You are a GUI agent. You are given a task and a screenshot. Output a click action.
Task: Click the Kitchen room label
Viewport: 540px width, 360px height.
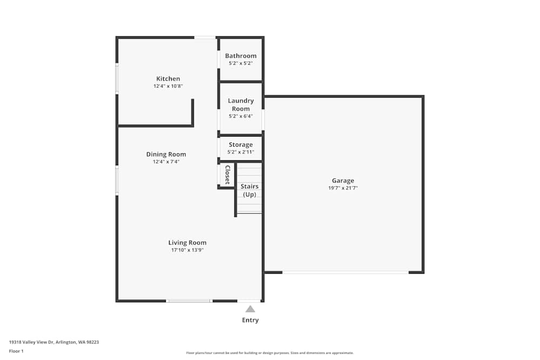click(x=168, y=79)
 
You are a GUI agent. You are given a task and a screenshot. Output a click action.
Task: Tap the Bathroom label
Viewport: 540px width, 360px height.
click(x=241, y=56)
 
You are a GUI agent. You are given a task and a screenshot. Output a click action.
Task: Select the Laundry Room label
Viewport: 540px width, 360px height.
click(x=241, y=105)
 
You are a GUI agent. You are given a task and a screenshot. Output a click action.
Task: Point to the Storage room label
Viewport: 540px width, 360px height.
click(x=241, y=145)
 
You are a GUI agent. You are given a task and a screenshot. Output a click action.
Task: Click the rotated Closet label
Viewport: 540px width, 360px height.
click(x=227, y=175)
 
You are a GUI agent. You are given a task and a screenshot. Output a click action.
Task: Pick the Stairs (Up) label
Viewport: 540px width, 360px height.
click(x=249, y=190)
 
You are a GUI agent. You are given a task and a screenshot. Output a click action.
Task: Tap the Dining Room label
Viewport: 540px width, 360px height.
click(x=166, y=154)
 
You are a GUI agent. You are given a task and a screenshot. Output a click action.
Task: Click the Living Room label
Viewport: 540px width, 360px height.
click(x=187, y=243)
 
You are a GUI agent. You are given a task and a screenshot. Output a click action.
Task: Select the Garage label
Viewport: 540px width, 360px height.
click(x=343, y=181)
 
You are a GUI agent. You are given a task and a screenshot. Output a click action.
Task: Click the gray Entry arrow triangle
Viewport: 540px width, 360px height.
click(x=250, y=309)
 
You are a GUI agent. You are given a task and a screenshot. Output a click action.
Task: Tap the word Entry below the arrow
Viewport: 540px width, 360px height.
click(x=250, y=320)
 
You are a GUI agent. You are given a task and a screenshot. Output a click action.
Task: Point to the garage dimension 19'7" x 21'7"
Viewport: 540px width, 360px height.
click(x=343, y=188)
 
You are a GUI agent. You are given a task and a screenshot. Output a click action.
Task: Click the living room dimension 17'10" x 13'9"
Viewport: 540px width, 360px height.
click(x=187, y=250)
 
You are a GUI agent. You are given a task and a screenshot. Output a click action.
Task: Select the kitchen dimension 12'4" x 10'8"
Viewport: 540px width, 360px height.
click(x=168, y=86)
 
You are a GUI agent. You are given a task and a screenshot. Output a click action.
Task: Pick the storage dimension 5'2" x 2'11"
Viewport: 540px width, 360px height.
click(x=241, y=152)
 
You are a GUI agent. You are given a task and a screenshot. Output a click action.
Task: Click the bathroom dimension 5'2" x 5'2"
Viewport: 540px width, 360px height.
click(x=241, y=63)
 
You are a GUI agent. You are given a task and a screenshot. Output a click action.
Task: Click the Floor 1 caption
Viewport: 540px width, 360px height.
click(x=16, y=351)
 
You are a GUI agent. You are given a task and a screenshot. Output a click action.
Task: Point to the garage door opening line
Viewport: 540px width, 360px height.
click(x=346, y=272)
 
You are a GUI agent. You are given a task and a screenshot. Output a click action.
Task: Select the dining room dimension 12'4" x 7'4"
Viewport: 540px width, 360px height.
click(x=166, y=161)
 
